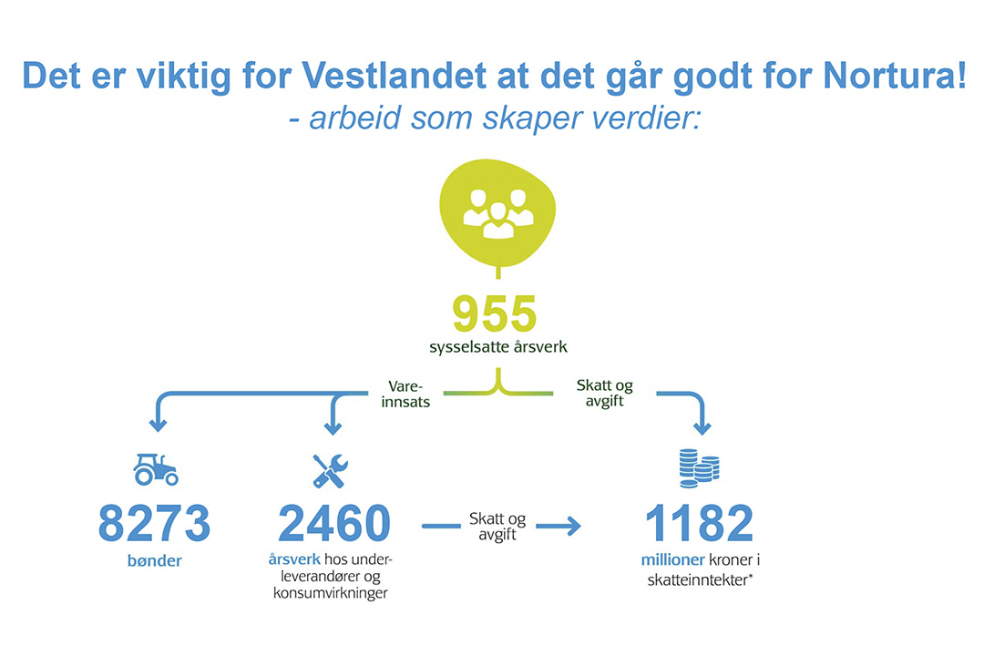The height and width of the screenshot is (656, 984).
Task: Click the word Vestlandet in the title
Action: tap(395, 76)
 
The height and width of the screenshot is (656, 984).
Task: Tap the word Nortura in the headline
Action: tap(887, 76)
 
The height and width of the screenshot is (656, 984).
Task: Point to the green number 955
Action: tap(495, 313)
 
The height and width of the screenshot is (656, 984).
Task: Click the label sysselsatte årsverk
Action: tap(498, 347)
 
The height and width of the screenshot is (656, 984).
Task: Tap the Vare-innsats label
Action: tap(405, 395)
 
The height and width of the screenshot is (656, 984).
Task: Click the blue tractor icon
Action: tap(156, 469)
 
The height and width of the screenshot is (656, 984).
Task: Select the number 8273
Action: tap(154, 523)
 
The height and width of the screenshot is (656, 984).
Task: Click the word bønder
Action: tap(154, 560)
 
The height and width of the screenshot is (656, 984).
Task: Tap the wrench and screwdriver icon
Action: tap(330, 471)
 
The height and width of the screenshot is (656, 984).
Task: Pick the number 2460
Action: tap(333, 523)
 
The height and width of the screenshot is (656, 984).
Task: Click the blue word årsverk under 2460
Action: tap(294, 559)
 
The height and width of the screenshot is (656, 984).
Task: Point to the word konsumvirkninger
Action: tap(331, 593)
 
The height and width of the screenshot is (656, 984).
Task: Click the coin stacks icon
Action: tap(699, 468)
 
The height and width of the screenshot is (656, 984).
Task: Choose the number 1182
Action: tap(699, 523)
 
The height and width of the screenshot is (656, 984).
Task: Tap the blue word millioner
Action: tap(672, 560)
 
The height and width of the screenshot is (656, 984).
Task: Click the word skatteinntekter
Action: tap(698, 580)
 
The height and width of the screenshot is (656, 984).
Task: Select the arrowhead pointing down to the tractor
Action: tap(159, 425)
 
